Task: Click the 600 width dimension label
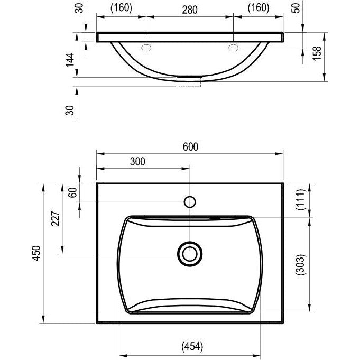click(x=190, y=147)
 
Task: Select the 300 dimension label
click(x=137, y=162)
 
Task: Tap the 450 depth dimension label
click(x=36, y=253)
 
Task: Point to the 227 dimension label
click(x=56, y=218)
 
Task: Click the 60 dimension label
click(x=72, y=192)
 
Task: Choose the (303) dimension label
click(x=301, y=264)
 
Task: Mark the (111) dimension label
click(x=301, y=199)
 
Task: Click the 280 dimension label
click(x=190, y=10)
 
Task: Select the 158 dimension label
click(x=317, y=53)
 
